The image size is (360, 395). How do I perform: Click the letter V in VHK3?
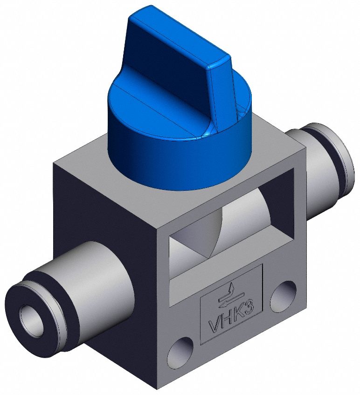point(213,326)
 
